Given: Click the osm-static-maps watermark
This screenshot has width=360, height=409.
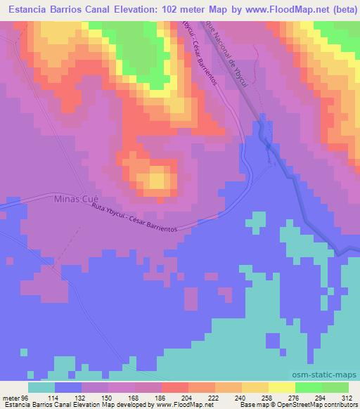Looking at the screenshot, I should pyautogui.click(x=331, y=374).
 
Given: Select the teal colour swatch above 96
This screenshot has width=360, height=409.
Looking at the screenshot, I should pyautogui.click(x=41, y=387).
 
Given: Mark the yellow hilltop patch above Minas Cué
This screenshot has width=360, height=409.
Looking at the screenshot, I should pyautogui.click(x=159, y=181).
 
